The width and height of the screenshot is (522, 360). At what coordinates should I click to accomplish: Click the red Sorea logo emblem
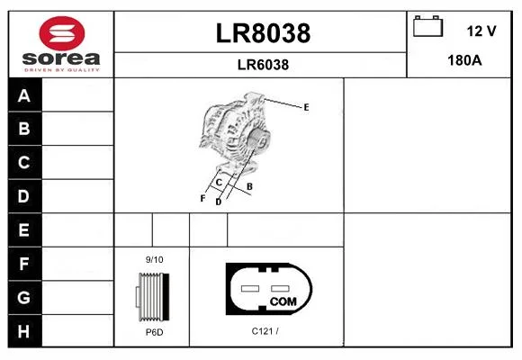tap(62, 33)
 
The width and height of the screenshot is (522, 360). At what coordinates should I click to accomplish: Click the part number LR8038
tap(263, 33)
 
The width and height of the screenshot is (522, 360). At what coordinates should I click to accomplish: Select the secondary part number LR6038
tap(263, 65)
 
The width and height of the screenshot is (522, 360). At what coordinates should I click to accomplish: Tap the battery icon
tap(427, 26)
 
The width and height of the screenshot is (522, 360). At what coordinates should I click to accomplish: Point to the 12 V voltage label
tap(481, 31)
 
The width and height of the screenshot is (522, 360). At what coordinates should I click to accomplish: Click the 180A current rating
tap(464, 60)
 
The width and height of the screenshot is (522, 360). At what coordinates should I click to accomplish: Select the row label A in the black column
tap(24, 95)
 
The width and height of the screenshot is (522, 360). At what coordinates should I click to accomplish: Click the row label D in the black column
tap(23, 196)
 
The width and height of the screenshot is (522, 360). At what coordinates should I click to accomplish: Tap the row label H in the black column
tap(23, 331)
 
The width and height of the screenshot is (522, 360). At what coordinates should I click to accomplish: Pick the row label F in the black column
tap(23, 264)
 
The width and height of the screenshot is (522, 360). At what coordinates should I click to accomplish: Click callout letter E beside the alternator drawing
tap(306, 107)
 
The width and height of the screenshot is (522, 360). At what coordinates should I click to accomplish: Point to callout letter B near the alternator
tap(249, 186)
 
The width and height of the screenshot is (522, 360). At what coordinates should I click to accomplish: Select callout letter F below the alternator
tap(202, 199)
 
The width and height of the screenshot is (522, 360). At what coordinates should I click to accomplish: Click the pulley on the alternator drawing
tap(258, 139)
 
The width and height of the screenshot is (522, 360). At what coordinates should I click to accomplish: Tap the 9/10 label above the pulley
tap(155, 259)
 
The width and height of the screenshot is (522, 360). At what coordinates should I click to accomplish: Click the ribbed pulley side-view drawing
tap(153, 297)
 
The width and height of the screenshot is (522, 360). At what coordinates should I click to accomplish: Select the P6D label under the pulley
tap(155, 332)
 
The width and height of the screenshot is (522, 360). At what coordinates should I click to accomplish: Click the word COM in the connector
tap(283, 301)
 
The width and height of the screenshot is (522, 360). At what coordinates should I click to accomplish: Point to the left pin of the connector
tap(250, 288)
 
